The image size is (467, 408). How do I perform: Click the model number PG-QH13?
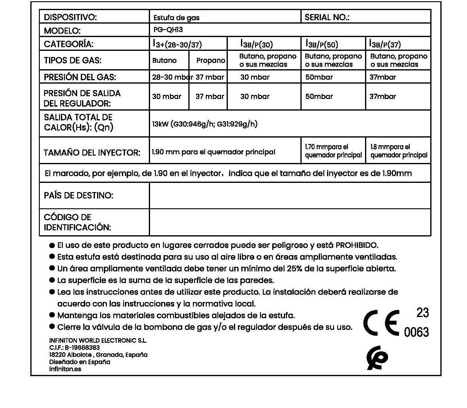[168, 30]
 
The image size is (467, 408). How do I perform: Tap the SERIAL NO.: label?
[326, 17]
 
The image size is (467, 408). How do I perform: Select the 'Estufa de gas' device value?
[176, 18]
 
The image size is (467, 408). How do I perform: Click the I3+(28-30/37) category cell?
[177, 44]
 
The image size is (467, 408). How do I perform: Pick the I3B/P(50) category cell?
[322, 44]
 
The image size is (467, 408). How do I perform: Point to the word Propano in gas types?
[211, 60]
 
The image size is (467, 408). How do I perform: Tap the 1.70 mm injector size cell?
[333, 151]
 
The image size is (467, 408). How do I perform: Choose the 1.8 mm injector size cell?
[398, 151]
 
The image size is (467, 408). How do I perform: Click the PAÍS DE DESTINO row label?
[79, 195]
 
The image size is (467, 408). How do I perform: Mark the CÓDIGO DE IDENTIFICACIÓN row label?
[77, 222]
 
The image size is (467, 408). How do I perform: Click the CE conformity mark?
[382, 323]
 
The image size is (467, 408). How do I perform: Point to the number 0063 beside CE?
[416, 332]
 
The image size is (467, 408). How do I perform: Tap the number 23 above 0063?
[423, 313]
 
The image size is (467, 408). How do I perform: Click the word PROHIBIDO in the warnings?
[357, 245]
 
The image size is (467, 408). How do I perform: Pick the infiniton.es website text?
[65, 369]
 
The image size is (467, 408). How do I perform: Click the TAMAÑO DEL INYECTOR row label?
[92, 153]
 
